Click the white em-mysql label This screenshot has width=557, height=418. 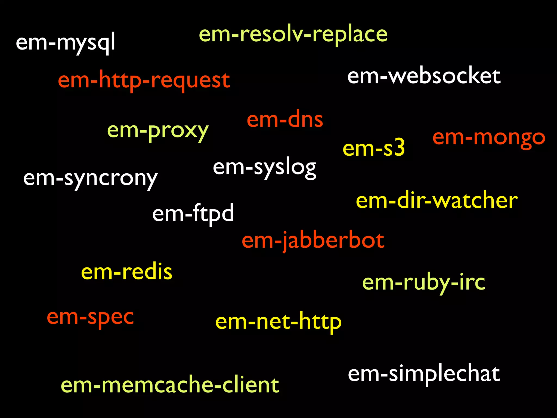(65, 42)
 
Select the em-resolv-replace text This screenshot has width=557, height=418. (293, 35)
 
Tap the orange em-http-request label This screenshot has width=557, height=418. (144, 80)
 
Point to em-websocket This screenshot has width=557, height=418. (424, 76)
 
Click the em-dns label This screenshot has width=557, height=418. (285, 119)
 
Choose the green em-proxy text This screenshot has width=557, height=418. (158, 131)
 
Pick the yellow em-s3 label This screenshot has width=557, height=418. (374, 148)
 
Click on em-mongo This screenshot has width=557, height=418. (489, 137)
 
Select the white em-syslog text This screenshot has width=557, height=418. (265, 167)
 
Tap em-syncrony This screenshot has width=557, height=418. (90, 179)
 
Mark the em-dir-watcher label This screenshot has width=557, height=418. (437, 201)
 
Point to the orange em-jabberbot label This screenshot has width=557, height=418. (313, 241)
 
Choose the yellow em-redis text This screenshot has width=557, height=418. (127, 272)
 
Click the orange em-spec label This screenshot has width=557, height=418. (90, 317)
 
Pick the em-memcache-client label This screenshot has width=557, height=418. (170, 385)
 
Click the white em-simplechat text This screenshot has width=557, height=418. (424, 374)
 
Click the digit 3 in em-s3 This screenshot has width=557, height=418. (398, 147)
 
